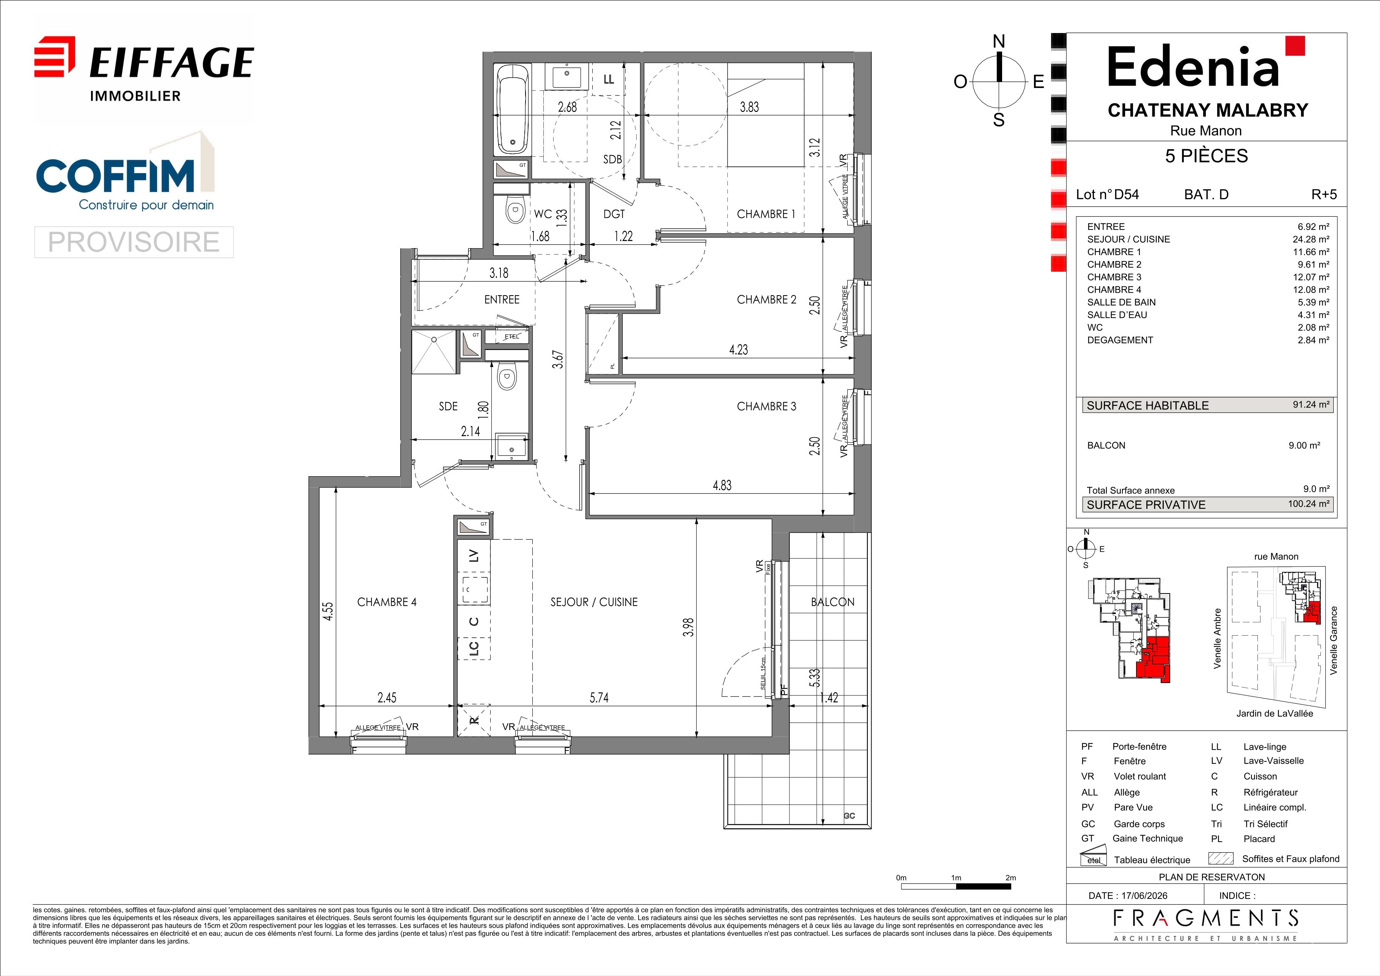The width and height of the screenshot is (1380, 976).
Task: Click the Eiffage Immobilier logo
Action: point(144,69)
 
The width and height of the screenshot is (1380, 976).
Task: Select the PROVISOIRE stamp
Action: point(134,242)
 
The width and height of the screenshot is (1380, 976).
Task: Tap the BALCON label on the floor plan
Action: point(832,601)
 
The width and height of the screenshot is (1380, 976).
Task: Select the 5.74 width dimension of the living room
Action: point(599,698)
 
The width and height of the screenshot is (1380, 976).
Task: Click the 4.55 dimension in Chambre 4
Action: point(327,611)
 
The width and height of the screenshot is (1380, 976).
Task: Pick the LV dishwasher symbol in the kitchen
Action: point(474,556)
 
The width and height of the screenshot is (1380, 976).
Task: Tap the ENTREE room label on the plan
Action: point(502,299)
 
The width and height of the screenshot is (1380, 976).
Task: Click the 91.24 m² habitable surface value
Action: point(1311,405)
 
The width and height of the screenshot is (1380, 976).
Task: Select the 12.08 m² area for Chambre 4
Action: point(1311,290)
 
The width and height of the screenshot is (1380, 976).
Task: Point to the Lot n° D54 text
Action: point(1107,195)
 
